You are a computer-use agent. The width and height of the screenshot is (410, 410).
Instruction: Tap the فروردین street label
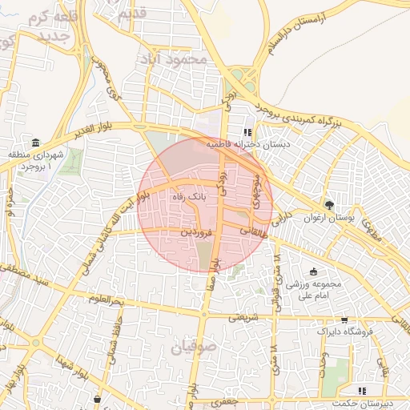[x=195, y=232]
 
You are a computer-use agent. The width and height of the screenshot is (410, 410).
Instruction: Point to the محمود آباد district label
[x=171, y=59]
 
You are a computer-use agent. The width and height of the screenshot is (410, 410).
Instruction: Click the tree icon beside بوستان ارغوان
[x=328, y=205]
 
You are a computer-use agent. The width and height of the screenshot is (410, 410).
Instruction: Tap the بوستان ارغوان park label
[x=328, y=217]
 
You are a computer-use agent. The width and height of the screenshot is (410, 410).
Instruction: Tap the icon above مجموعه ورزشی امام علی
[x=313, y=271]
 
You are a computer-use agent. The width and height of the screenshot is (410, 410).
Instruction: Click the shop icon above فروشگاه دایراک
[x=344, y=319]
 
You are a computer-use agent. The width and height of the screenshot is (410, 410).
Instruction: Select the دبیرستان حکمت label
[x=365, y=403]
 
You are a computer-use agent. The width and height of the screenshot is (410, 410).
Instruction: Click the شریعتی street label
[x=245, y=318]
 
